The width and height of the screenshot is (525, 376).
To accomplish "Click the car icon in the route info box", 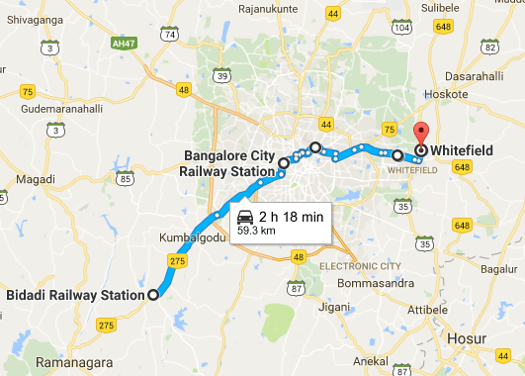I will point(244,217).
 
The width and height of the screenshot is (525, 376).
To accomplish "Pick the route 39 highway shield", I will point(223,77).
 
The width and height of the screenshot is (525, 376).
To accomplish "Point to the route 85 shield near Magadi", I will point(125,179).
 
